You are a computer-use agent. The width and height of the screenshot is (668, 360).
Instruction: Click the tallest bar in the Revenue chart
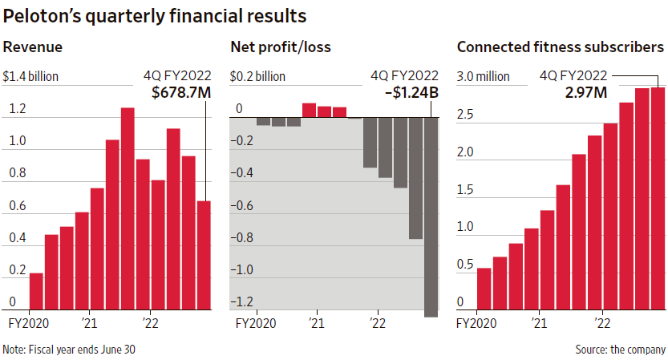(x=128, y=208)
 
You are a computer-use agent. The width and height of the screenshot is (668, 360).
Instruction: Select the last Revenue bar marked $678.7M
(x=204, y=255)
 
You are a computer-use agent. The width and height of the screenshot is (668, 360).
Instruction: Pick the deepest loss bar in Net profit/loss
(x=431, y=217)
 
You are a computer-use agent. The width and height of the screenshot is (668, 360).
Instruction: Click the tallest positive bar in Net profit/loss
(x=309, y=110)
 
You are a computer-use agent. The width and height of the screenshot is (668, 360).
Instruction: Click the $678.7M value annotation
(x=181, y=93)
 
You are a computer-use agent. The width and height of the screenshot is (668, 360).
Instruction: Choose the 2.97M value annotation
(x=585, y=93)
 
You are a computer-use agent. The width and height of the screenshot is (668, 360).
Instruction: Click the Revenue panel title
(x=33, y=47)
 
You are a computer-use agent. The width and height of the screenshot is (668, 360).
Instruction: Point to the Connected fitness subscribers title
(x=560, y=47)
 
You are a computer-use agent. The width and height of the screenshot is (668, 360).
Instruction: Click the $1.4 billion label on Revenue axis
(x=31, y=77)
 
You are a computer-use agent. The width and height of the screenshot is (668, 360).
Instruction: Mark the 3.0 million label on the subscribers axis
(x=483, y=77)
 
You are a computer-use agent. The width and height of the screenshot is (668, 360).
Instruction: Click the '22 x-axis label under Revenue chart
(x=149, y=325)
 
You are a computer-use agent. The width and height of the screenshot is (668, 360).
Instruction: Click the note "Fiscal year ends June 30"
(x=64, y=350)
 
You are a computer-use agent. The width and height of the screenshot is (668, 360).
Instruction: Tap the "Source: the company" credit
(x=620, y=350)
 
